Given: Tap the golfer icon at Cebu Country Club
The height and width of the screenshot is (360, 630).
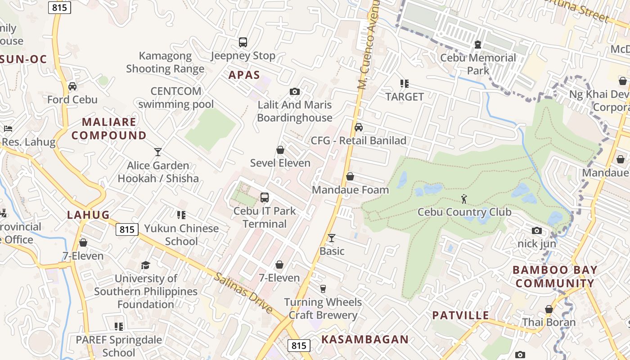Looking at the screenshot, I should point(464,198).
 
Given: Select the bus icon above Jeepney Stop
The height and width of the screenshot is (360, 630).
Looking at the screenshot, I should point(243,42).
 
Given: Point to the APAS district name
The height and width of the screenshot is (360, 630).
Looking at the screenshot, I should point(244,75).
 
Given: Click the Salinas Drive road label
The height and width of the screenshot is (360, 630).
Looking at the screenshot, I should point(243,293).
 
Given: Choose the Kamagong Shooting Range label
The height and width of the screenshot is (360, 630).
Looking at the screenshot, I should point(165,62).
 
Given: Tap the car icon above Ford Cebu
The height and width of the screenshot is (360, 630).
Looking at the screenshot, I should point(72,86).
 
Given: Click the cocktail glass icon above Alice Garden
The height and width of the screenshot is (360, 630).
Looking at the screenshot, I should point(158,152).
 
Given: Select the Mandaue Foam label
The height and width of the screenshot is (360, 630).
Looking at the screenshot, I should point(350,189).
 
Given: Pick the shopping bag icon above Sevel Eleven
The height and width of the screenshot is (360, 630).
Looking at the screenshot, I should point(280,149).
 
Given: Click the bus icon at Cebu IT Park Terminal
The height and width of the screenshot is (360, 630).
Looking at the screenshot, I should point(265,197).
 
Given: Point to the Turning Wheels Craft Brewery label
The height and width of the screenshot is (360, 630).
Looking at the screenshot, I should point(323,308).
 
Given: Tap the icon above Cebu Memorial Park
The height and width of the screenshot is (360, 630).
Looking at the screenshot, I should point(477,45).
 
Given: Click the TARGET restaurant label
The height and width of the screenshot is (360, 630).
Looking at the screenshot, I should point(405,97).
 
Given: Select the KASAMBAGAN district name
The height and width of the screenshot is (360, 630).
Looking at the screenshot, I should point(365,340).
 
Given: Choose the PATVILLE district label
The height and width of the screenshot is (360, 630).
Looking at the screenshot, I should point(460,315).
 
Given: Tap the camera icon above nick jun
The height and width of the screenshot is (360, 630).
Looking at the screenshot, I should point(536,231).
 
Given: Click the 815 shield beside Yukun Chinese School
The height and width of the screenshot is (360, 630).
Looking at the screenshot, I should point(127,229).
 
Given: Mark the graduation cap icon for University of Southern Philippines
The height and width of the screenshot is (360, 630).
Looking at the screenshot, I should point(145,265).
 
